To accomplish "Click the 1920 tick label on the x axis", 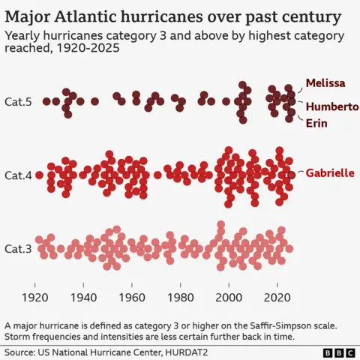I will [x=35, y=297].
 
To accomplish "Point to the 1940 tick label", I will [x=83, y=297].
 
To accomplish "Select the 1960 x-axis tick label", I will [x=132, y=297].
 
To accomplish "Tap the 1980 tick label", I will [x=180, y=297].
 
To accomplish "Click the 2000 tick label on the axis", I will [x=229, y=297].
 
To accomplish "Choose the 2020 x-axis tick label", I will [x=277, y=297].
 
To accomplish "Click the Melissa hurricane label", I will [x=325, y=83].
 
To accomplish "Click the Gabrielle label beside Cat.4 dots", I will [x=330, y=173].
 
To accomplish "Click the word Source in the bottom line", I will [x=21, y=351].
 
